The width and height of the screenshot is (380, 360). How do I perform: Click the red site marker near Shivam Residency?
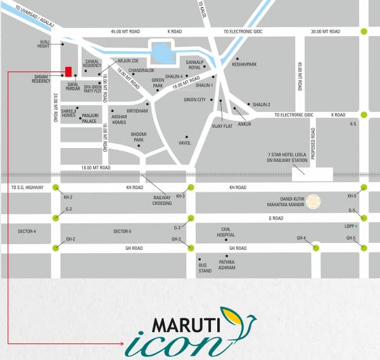[x=67, y=71]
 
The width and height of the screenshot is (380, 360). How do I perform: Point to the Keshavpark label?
[x=244, y=65]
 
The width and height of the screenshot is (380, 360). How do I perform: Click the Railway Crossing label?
[x=163, y=199]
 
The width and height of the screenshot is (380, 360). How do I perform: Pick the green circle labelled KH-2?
[x=56, y=187]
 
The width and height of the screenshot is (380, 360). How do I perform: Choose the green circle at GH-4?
[x=315, y=248]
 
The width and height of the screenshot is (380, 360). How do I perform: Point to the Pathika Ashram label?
[x=227, y=264]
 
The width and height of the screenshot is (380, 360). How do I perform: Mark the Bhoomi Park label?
[x=137, y=137]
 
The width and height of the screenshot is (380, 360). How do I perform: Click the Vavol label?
[x=185, y=143]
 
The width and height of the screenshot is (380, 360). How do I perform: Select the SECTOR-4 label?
[x=26, y=232]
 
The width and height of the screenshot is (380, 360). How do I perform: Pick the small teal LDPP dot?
[x=357, y=226]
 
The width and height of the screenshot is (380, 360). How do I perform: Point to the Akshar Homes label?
[x=119, y=120]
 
